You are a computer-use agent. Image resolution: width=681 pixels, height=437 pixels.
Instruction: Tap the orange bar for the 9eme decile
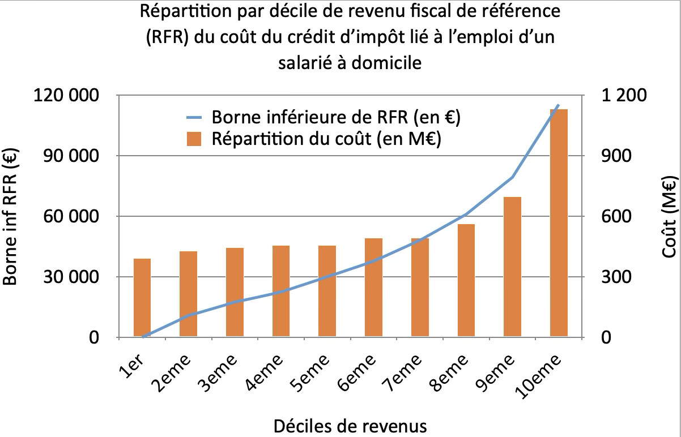coord(512,267)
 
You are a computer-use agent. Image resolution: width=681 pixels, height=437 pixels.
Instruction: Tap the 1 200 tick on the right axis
coord(624,96)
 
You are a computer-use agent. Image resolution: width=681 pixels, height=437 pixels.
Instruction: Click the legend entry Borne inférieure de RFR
coord(334,118)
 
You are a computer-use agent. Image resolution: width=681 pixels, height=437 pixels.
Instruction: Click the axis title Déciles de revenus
coord(350,425)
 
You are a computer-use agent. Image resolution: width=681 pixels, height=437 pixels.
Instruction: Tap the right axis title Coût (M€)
coord(670,217)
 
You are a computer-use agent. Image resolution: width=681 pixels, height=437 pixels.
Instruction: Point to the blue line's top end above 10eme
coord(559,105)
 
